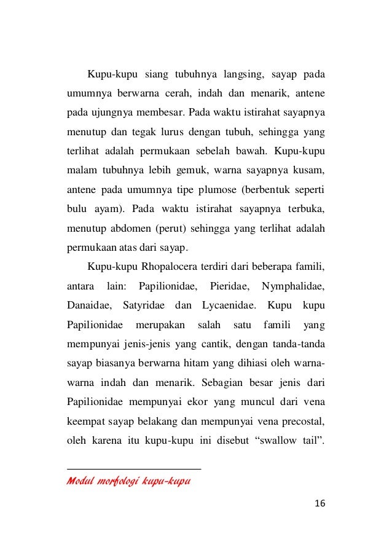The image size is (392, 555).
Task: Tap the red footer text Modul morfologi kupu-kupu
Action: coord(127,480)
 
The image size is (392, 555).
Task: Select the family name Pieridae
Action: coord(228,286)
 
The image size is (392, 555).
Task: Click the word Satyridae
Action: coord(144,305)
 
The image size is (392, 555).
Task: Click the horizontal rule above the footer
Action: coord(133,469)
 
